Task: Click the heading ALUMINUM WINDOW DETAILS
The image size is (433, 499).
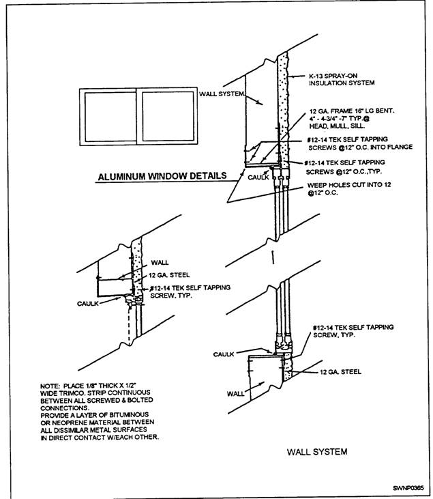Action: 162,176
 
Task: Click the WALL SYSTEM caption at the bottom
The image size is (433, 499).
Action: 317,452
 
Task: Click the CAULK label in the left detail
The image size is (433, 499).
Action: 89,302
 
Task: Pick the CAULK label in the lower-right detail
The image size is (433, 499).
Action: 224,354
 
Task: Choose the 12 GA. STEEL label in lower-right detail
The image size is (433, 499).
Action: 342,372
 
